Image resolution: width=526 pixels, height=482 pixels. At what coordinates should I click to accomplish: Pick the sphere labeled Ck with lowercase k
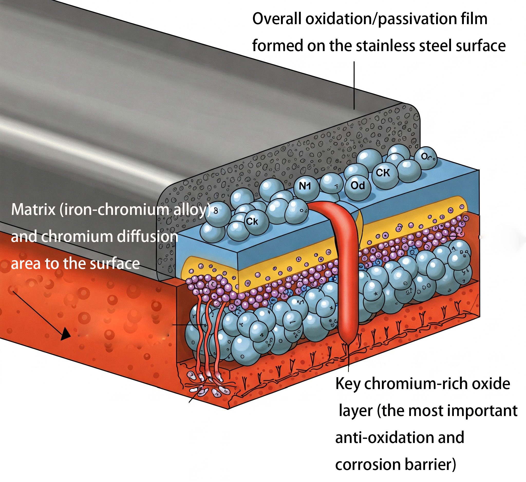tap(252, 222)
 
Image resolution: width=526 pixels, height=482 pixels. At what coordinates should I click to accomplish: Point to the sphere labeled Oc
tap(425, 157)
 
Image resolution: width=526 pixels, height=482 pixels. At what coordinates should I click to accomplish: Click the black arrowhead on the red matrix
tap(65, 334)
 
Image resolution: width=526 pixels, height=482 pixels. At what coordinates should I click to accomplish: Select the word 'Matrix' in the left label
tap(33, 210)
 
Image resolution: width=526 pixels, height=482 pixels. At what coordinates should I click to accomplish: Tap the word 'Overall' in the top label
tap(277, 19)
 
